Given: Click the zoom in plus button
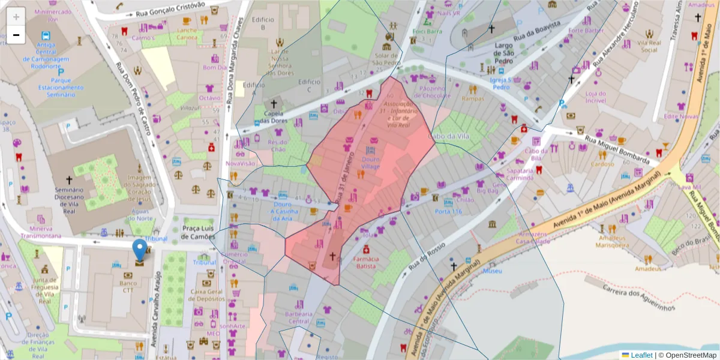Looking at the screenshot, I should (16, 16).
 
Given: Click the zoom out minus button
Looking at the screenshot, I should (16, 35).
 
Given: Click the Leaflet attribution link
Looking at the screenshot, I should (641, 355).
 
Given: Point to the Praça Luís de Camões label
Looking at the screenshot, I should (199, 233).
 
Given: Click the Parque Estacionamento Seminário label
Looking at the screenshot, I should (58, 87).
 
